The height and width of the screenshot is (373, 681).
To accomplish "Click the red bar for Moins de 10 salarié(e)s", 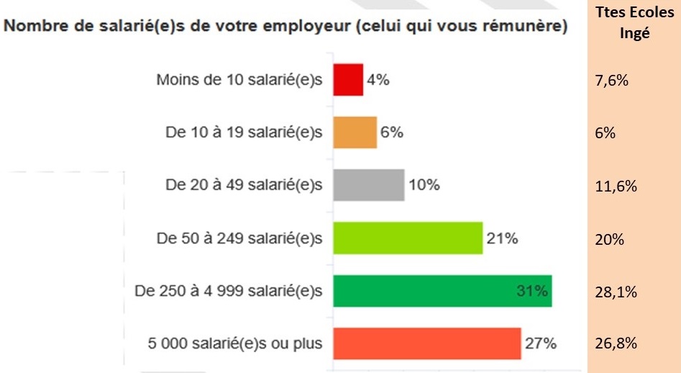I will pyautogui.click(x=348, y=80).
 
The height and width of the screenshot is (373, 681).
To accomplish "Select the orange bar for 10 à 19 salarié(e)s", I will pyautogui.click(x=355, y=132).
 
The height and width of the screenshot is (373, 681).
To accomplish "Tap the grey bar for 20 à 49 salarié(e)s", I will pyautogui.click(x=368, y=185).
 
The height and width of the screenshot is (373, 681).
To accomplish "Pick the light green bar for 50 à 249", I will pyautogui.click(x=408, y=238).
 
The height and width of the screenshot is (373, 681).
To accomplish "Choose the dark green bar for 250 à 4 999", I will pyautogui.click(x=442, y=291).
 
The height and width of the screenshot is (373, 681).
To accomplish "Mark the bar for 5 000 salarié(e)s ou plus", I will pyautogui.click(x=426, y=343).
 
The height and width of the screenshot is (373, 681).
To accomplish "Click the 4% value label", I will pyautogui.click(x=378, y=80).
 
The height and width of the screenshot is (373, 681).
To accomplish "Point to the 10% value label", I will pyautogui.click(x=424, y=185).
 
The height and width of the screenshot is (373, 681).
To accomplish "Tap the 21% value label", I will pyautogui.click(x=502, y=238).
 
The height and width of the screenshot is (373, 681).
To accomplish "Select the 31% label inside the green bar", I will pyautogui.click(x=532, y=291).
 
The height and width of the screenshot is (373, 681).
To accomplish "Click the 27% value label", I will pyautogui.click(x=540, y=343).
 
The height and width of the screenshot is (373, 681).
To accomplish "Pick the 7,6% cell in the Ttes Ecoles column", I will pyautogui.click(x=613, y=80).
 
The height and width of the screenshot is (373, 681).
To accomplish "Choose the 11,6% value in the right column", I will pyautogui.click(x=616, y=186).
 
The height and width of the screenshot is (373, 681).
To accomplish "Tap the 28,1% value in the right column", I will pyautogui.click(x=616, y=292).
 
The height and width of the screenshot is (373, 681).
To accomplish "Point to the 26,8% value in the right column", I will pyautogui.click(x=616, y=343).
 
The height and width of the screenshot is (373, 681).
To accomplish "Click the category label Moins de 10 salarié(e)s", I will pyautogui.click(x=239, y=80).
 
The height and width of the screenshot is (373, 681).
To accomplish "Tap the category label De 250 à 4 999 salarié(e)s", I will pyautogui.click(x=229, y=291).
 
